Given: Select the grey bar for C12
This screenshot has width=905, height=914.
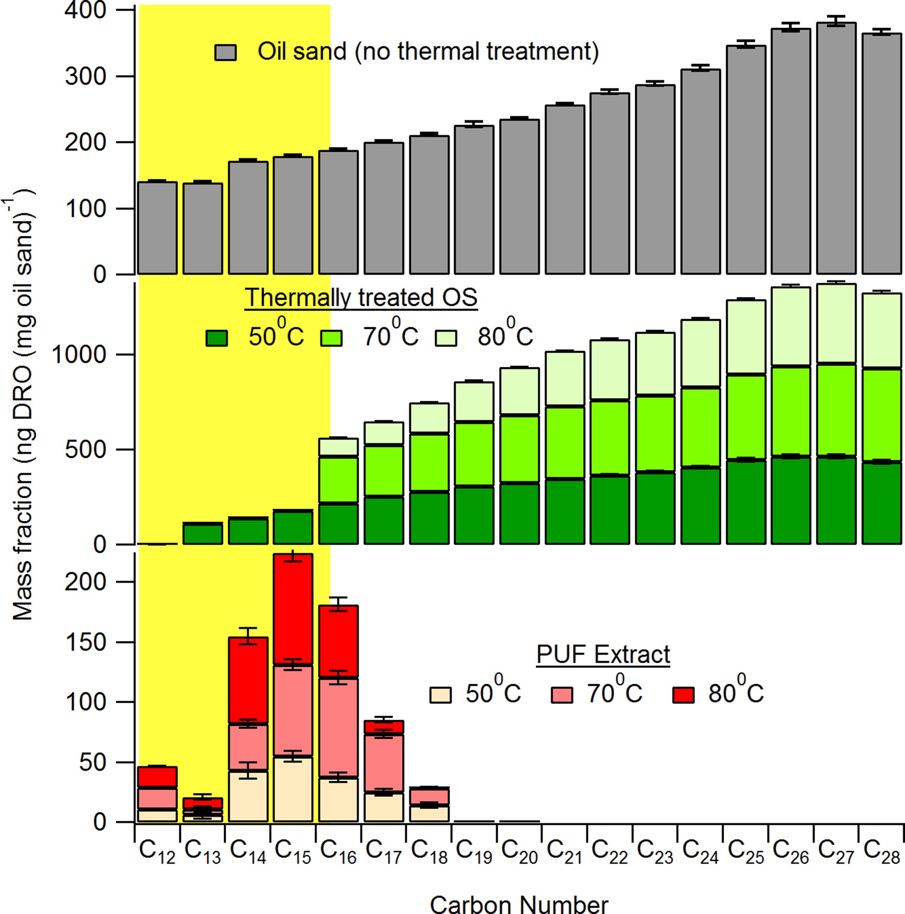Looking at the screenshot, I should coord(157,228).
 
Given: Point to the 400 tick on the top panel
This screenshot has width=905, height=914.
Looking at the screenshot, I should coord(86,10).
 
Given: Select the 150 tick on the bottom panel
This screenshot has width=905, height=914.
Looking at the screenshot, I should coord(86,642).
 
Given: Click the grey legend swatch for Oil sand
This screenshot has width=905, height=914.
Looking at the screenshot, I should coord(225,52).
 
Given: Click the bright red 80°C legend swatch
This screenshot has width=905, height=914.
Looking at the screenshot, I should coord(683,695).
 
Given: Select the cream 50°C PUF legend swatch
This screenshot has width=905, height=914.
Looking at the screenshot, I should coord(440,695).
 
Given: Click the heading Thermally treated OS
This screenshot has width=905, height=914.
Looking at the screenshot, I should coord(361,298).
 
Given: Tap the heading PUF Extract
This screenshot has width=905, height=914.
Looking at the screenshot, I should coord(603,655).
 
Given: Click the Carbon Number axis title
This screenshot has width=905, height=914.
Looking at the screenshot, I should coord(519,904).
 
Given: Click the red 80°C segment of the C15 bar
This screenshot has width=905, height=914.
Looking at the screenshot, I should coord(293,609).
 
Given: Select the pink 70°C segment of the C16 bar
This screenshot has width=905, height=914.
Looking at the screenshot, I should coord(338,728).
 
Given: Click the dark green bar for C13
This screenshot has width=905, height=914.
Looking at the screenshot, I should coord(203,534).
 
